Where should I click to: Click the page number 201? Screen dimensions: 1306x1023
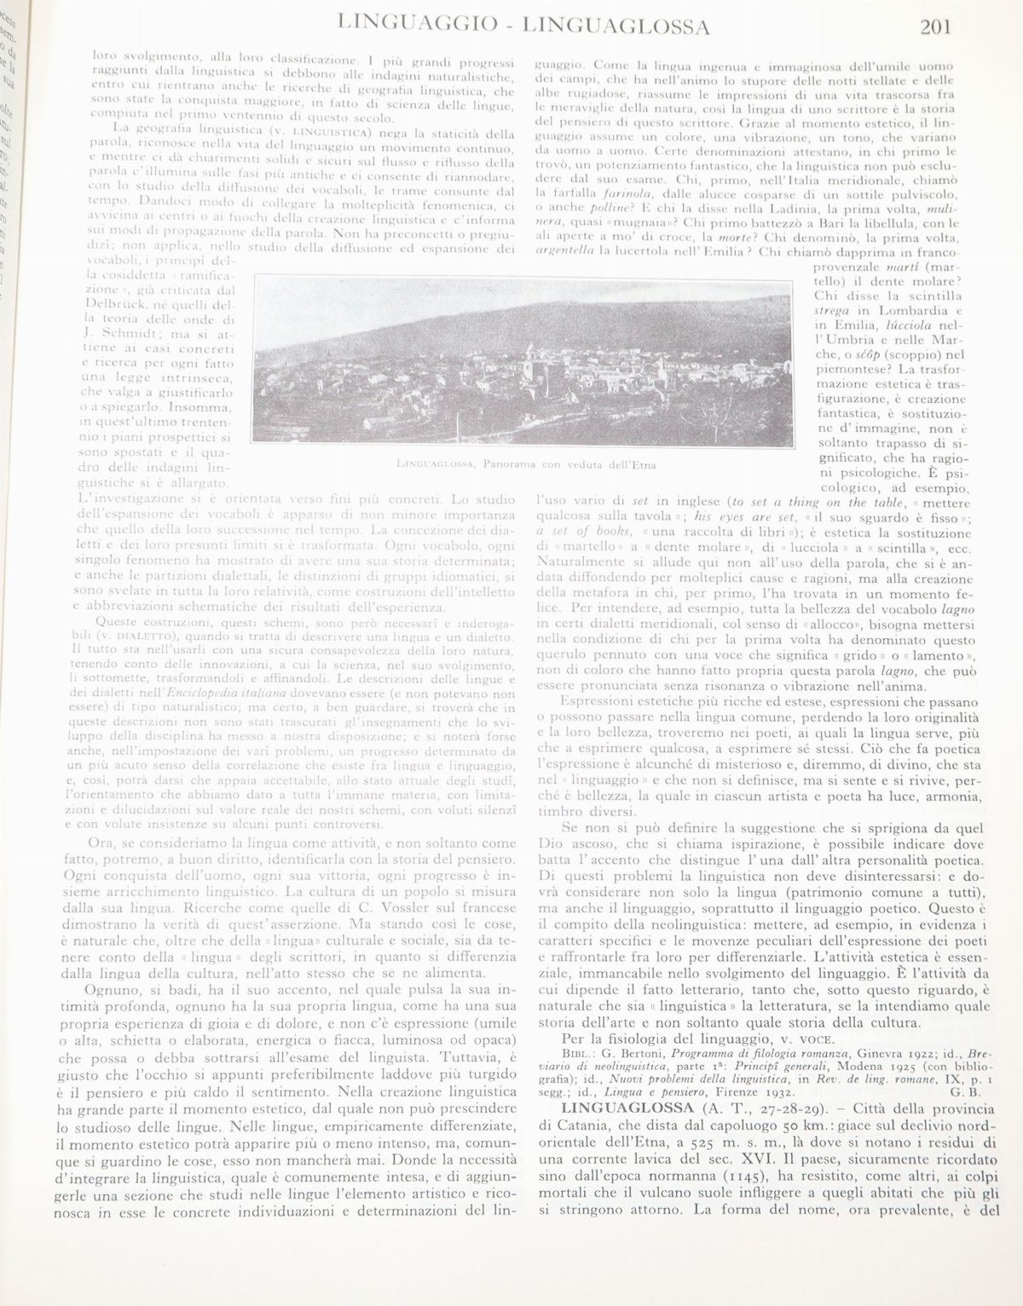[935, 26]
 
